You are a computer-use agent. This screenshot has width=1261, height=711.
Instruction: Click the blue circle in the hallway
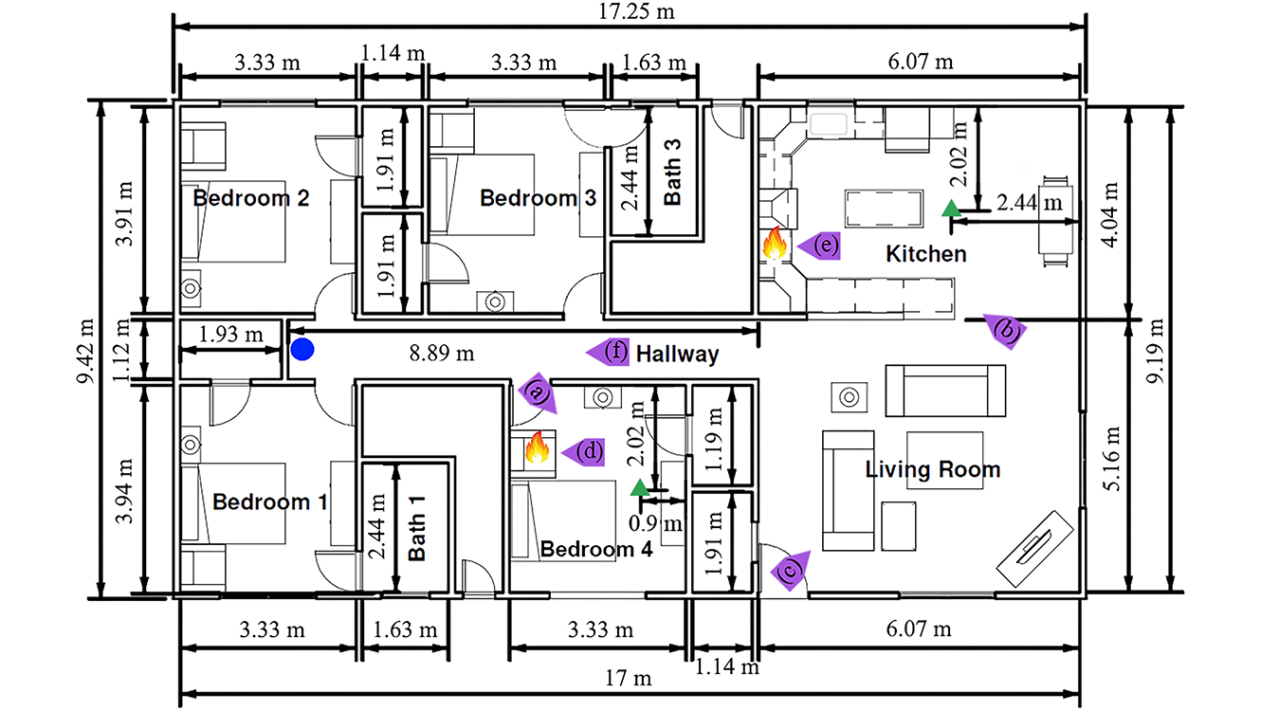(302, 349)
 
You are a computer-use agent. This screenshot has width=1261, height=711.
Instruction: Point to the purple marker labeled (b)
(1004, 330)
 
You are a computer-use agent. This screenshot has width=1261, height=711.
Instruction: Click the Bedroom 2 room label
(251, 198)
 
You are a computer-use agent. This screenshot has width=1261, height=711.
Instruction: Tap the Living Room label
(932, 469)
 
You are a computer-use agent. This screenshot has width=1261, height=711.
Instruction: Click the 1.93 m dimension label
(231, 333)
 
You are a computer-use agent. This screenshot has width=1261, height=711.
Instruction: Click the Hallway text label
(677, 355)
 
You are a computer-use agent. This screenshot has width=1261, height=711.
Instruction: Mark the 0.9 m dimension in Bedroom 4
(656, 523)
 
